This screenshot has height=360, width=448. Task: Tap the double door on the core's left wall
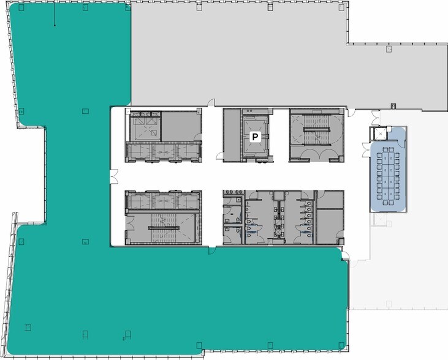tap(113, 176)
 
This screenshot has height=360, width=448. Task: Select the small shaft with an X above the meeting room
tap(381, 132)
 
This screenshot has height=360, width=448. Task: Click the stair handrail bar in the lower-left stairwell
tap(163, 228)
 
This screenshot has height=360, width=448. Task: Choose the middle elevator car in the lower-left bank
tap(163, 201)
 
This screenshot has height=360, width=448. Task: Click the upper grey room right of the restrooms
tap(330, 200)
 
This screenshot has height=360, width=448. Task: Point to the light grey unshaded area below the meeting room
tap(398, 276)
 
